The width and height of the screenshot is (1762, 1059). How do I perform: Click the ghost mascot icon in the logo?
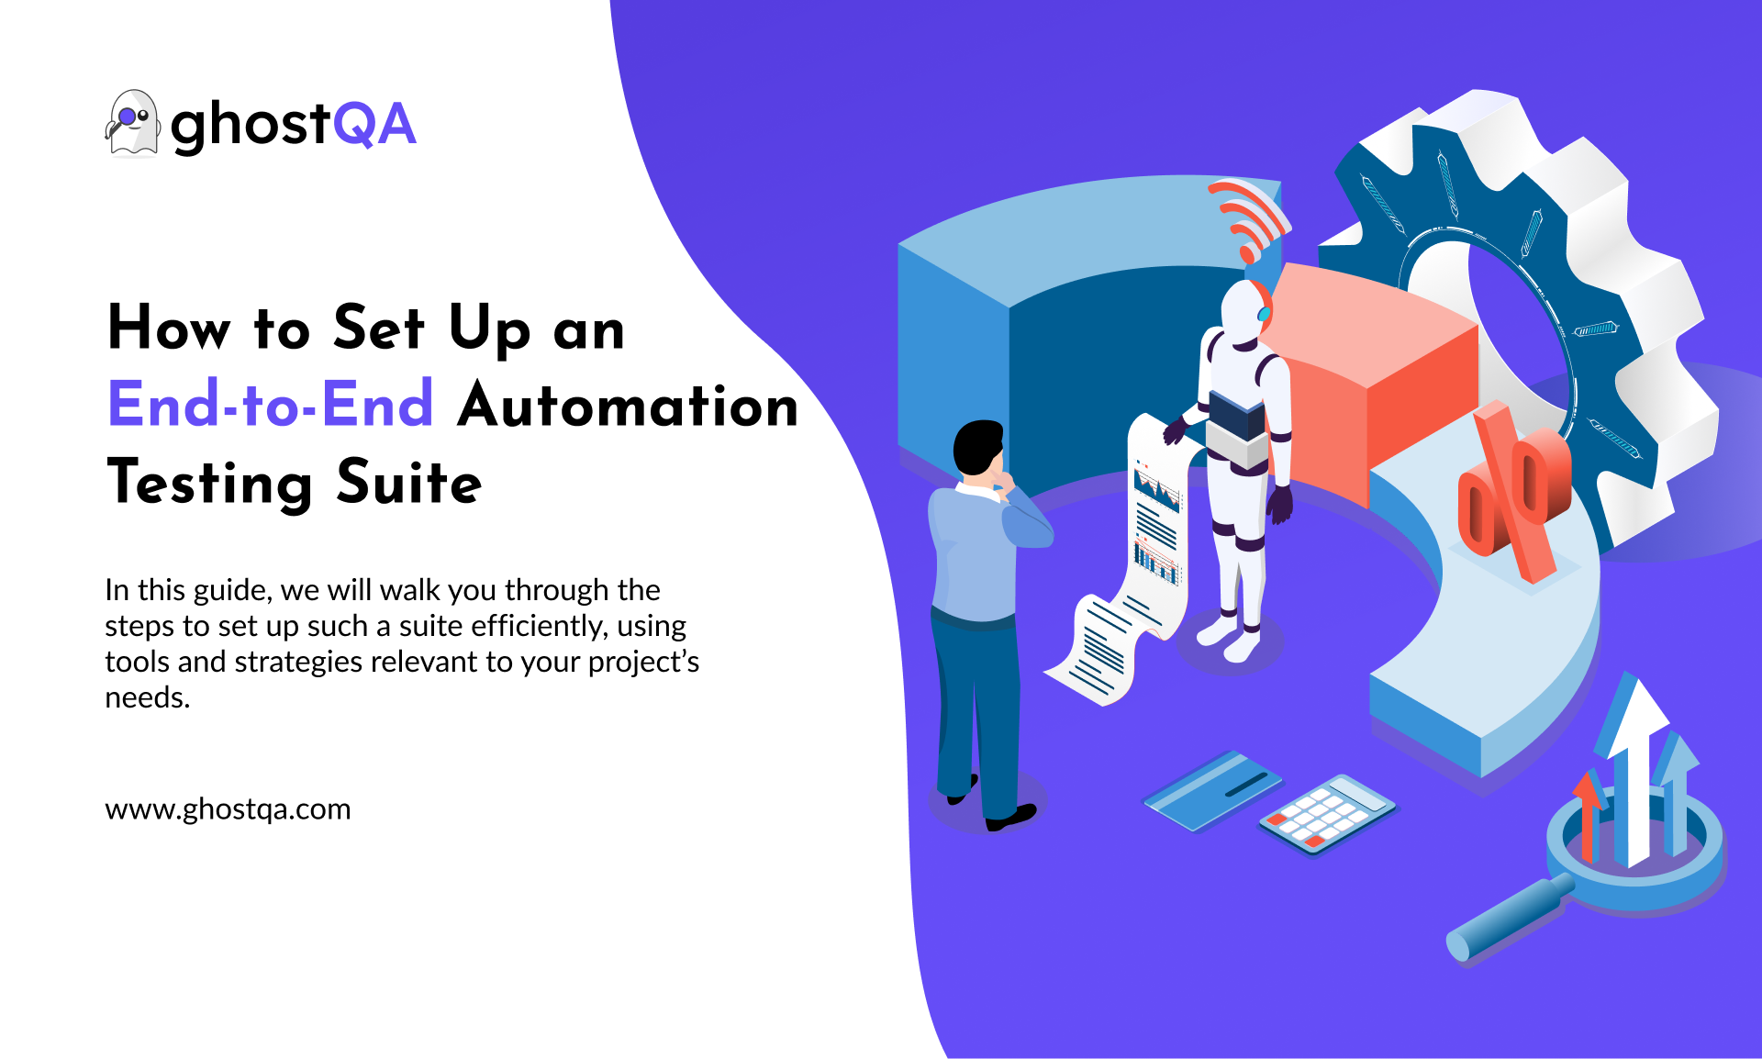click(x=132, y=123)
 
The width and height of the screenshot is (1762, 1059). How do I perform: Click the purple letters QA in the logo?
click(x=374, y=125)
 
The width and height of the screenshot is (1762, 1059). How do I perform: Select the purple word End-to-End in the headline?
click(x=271, y=404)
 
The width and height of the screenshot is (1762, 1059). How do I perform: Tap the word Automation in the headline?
click(x=629, y=405)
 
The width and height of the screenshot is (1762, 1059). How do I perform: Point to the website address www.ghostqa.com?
click(x=228, y=809)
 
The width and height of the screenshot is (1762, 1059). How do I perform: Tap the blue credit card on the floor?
click(x=1211, y=790)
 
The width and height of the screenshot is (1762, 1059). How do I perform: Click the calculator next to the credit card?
click(x=1327, y=814)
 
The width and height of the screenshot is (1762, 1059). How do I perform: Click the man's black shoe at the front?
click(x=1011, y=816)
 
